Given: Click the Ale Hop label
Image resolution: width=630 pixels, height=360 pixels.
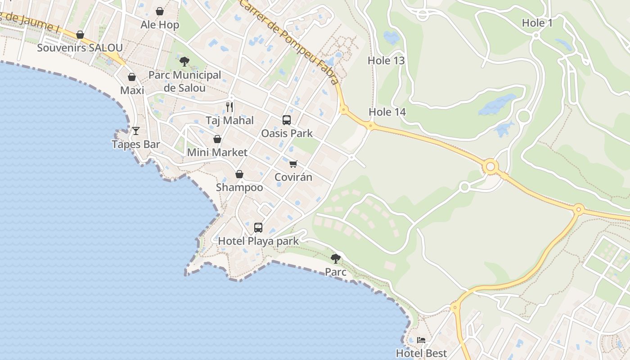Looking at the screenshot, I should tap(160, 25).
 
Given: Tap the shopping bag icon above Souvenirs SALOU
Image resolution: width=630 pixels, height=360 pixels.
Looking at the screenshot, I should tap(80, 35).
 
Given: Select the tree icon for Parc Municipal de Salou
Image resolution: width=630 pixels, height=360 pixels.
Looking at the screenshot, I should tap(184, 62).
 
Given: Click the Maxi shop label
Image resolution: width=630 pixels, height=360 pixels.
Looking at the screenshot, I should tap(132, 90).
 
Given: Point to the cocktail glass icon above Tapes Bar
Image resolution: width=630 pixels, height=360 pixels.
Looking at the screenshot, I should tap(136, 131).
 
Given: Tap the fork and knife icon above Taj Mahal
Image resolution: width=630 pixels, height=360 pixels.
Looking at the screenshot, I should tap(229, 107).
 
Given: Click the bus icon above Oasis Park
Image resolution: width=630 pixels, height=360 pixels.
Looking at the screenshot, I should tap(287, 120).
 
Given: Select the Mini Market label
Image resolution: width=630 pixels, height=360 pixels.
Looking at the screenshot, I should tap(217, 153).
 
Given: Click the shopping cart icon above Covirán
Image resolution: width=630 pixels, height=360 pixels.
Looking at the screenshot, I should tap(293, 164).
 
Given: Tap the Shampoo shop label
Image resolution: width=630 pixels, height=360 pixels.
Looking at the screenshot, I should tap(239, 187).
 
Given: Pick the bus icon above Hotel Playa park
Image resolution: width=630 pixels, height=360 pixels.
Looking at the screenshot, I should tap(258, 228).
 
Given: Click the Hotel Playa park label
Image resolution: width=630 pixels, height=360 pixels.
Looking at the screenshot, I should tap(258, 241).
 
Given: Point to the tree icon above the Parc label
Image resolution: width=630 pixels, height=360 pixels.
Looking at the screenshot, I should tap(336, 259).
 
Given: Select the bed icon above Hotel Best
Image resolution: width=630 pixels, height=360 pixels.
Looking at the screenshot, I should tap(421, 340).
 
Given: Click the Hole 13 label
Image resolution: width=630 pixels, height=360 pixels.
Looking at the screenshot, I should tap(386, 61).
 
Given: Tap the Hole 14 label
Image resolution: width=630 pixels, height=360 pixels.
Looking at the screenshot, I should tap(387, 112).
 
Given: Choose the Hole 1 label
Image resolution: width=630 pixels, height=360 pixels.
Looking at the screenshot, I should tap(537, 23).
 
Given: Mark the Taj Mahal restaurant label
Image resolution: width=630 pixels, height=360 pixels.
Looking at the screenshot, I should tap(229, 121).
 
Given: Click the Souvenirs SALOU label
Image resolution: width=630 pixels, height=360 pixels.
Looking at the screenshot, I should tap(80, 48).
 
